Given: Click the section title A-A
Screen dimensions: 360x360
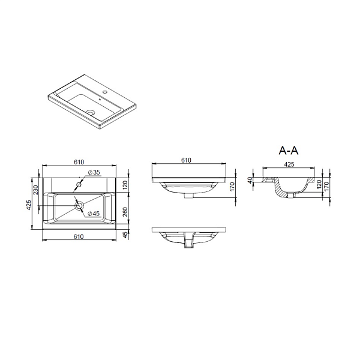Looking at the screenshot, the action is [x=289, y=151].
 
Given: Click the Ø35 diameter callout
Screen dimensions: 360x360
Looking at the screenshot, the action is [x=94, y=172].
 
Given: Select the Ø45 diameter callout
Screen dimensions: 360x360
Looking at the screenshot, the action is [x=94, y=214].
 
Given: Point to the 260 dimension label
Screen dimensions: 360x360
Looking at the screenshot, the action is [x=125, y=212].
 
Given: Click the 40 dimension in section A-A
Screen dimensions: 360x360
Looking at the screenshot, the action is [x=250, y=179].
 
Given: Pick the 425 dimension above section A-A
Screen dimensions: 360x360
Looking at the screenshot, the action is [x=289, y=164].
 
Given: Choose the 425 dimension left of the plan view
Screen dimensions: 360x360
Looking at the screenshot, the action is [x=28, y=205].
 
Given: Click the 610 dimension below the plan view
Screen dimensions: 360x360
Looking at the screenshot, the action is [x=79, y=236].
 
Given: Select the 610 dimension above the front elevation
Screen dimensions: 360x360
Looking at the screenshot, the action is [x=186, y=160].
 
